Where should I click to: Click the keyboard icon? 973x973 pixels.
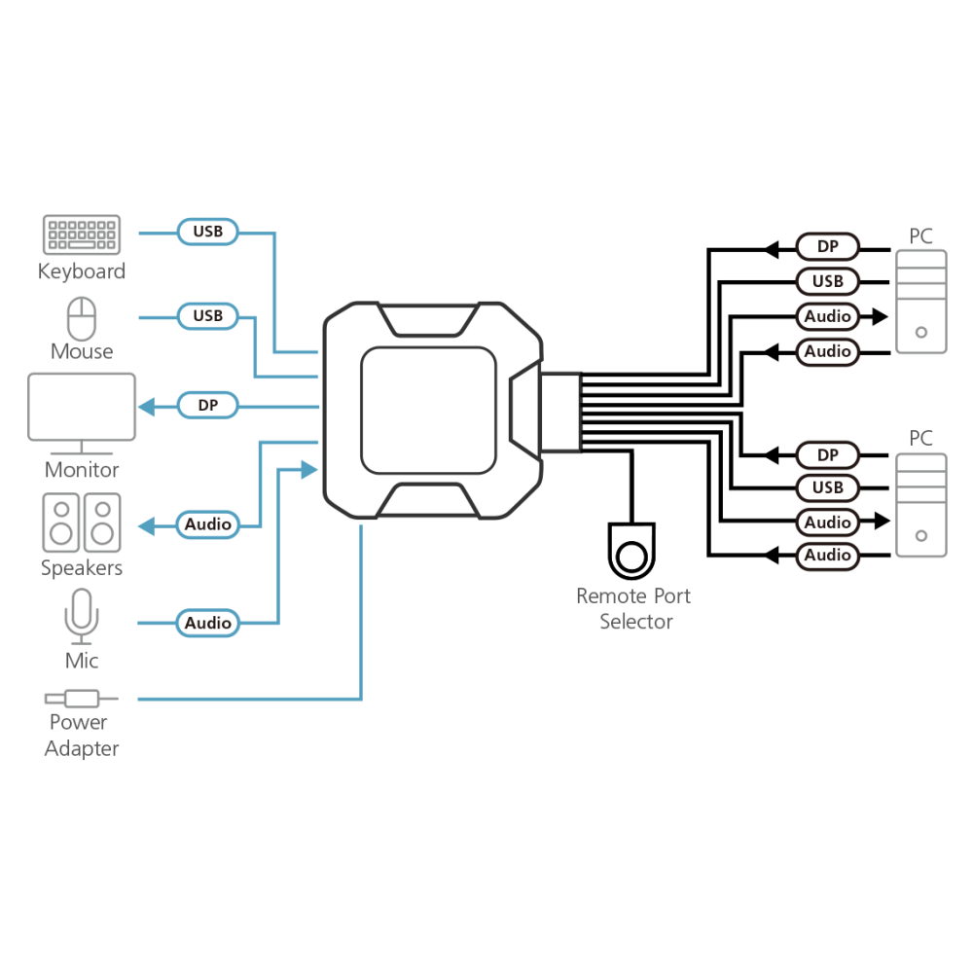coord(82,234)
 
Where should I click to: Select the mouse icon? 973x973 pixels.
coord(82,319)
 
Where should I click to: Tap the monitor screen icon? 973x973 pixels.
coord(82,414)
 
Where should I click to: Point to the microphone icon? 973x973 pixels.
coord(82,617)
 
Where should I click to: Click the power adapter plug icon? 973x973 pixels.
coord(82,699)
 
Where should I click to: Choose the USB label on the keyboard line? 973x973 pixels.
coord(208,232)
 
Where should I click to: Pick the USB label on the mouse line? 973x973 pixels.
coord(208,316)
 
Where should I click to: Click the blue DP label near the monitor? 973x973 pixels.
coord(208,405)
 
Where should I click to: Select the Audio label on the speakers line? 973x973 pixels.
coord(208,524)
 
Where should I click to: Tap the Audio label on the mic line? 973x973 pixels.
coord(208,623)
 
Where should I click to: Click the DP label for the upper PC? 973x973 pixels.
coord(828,246)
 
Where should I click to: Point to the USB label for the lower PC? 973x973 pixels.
coord(828,487)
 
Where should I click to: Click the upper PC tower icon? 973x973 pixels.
coord(921,302)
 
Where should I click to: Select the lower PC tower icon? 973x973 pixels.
coord(921,505)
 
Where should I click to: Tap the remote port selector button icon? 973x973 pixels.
coord(631,551)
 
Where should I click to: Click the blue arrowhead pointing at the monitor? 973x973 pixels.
coord(147,407)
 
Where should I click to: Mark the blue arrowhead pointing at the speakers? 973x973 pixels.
coord(147,526)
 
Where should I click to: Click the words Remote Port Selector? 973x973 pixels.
coord(633,609)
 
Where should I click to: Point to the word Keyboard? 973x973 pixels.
coord(82,271)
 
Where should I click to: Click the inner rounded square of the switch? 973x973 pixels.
coord(428,411)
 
